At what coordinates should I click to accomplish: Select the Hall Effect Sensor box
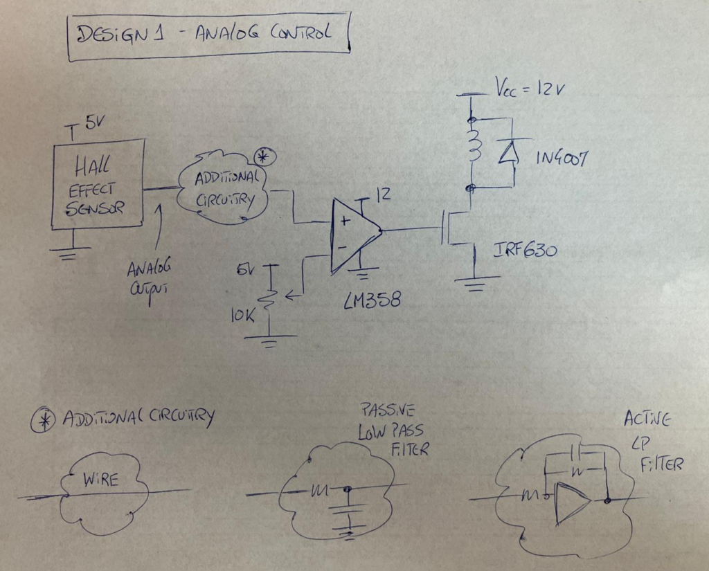[x=98, y=183]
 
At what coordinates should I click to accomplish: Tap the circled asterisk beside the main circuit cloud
[x=264, y=156]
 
